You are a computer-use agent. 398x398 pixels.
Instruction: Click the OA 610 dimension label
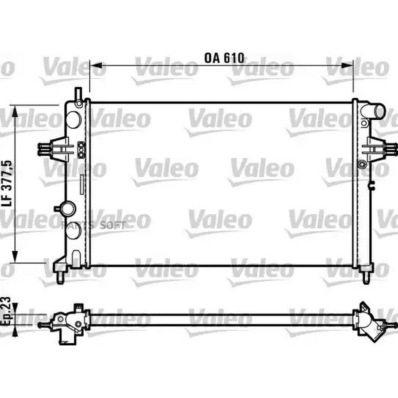click(224, 58)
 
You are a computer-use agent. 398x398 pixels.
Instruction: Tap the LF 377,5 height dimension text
click(7, 184)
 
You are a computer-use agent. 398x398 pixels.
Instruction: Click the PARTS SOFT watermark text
click(93, 225)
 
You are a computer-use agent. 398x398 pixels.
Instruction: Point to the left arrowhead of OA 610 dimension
click(96, 65)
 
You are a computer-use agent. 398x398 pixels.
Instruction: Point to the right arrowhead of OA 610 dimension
click(347, 65)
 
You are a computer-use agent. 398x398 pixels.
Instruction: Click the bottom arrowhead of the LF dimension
click(15, 256)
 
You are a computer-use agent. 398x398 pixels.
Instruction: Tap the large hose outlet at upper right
click(373, 111)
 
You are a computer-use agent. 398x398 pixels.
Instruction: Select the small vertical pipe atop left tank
click(78, 97)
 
